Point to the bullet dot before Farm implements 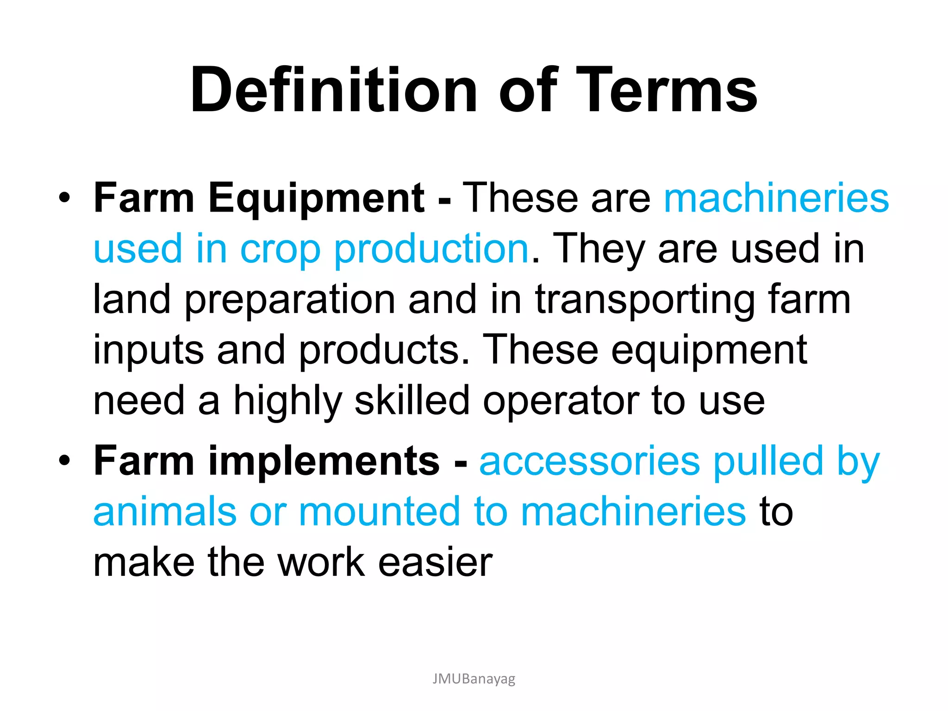pos(65,461)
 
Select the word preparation pos(290,300)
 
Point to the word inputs pos(149,351)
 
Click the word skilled pos(412,400)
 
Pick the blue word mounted pos(380,511)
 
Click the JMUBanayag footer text pos(474,679)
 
